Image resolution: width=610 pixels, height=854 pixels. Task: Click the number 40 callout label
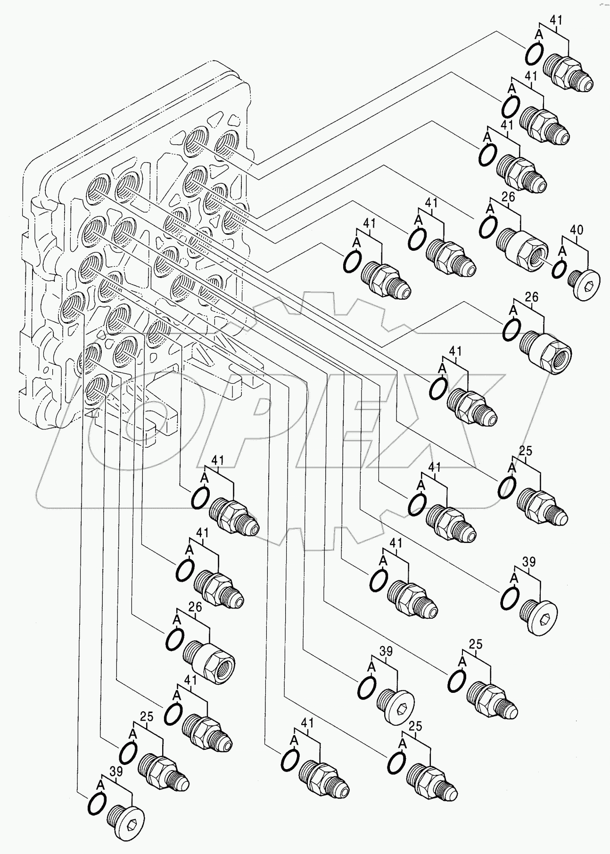point(576,230)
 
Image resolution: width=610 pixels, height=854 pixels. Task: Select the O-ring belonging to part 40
point(559,269)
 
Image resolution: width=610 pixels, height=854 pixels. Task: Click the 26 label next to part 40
point(508,197)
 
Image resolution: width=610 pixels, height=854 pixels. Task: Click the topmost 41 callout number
point(556,20)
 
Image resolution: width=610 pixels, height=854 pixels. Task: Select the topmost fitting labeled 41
point(568,73)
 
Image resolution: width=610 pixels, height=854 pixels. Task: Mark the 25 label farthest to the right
point(525,451)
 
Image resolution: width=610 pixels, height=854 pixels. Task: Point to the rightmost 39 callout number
point(529,562)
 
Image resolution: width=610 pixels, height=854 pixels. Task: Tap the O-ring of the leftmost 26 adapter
point(174,639)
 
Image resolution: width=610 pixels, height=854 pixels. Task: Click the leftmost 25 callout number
point(147,730)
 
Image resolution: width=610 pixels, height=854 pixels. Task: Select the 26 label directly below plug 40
point(532,297)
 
